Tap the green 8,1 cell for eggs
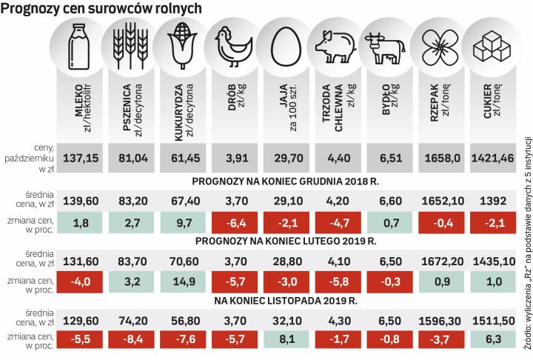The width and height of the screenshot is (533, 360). tap(286, 339)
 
